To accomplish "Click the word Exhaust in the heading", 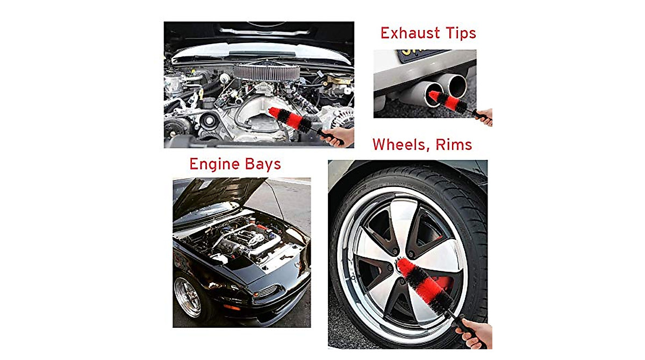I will (407, 33).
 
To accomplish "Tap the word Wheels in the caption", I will (398, 145).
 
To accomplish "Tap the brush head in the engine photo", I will (290, 120).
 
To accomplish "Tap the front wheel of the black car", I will (187, 297).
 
